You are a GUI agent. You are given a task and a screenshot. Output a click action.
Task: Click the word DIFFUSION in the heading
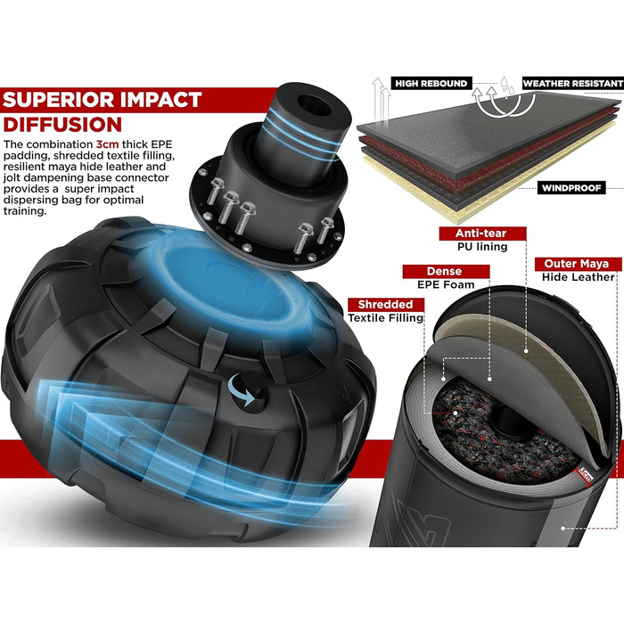tap(62, 125)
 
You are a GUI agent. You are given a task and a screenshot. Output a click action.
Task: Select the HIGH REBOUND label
tap(431, 84)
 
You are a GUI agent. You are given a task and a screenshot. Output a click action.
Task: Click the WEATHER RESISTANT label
tap(572, 84)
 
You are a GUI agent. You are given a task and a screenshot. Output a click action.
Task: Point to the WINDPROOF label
tap(571, 188)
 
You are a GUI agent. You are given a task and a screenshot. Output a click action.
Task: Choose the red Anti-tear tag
tap(481, 234)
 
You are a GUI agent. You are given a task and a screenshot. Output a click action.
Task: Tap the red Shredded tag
tap(385, 305)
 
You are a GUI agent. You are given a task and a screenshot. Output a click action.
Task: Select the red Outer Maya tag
tap(577, 264)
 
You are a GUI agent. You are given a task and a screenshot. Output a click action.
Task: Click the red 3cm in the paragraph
tap(107, 144)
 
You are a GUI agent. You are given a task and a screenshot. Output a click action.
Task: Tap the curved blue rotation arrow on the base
tap(241, 390)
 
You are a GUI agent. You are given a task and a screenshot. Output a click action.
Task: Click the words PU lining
tap(482, 247)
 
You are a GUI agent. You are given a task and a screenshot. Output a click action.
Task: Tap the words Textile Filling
tap(386, 318)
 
